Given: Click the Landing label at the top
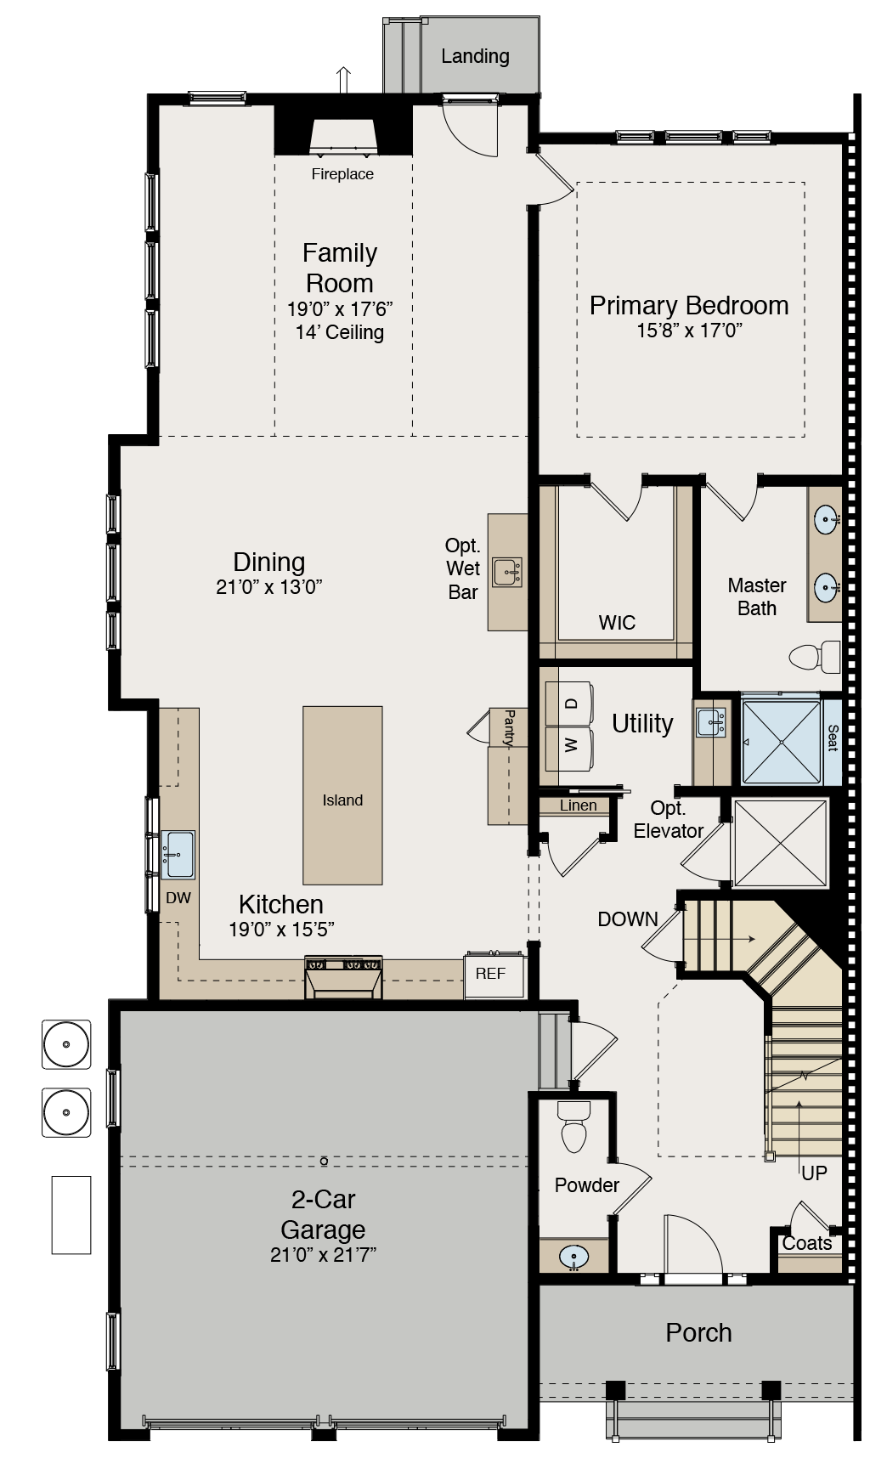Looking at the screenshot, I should point(475,57).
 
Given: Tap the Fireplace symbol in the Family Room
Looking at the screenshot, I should point(343,138).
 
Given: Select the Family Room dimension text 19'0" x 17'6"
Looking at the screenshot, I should point(340,309).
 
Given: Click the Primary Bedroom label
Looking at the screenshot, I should point(689,305).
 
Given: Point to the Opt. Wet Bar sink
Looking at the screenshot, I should point(507,572).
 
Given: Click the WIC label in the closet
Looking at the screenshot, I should point(617,623).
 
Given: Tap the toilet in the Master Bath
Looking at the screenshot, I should point(814,657).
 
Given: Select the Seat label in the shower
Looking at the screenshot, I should point(832,738).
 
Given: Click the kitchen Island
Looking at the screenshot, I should point(342,796).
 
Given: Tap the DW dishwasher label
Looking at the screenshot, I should point(178,898).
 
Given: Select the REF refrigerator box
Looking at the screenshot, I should point(491,975).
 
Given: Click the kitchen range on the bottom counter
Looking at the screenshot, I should point(343,977).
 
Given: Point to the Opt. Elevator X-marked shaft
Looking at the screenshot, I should point(780,843).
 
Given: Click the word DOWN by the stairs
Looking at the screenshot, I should point(628,919).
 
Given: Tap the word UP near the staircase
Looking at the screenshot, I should point(814,1173).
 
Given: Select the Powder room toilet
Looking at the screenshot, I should point(574,1127).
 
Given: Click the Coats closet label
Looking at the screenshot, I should point(807,1243).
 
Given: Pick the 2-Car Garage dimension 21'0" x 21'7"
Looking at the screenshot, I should point(323,1255).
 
